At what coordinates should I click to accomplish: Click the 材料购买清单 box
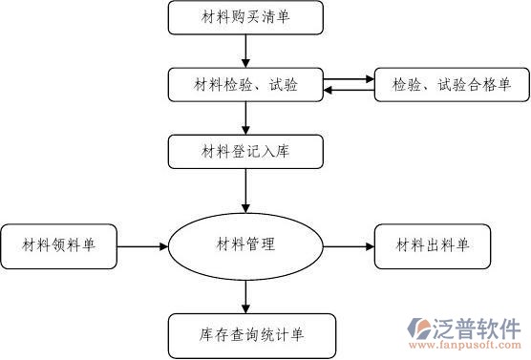[x=245, y=17]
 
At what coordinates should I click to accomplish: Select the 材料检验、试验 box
[x=245, y=85]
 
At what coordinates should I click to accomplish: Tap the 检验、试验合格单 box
[x=451, y=85]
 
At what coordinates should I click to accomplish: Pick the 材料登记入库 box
[x=245, y=150]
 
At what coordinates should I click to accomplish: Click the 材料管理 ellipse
[x=245, y=245]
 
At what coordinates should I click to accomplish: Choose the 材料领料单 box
[x=59, y=245]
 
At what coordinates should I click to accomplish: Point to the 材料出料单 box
[x=432, y=245]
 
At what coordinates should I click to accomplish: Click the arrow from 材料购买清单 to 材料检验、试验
[x=246, y=51]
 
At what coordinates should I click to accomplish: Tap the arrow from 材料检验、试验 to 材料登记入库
[x=246, y=117]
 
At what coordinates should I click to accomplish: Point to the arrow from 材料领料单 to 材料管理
[x=143, y=246]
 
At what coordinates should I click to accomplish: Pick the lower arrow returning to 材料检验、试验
[x=350, y=92]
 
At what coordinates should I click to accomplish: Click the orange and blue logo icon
[x=422, y=329]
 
